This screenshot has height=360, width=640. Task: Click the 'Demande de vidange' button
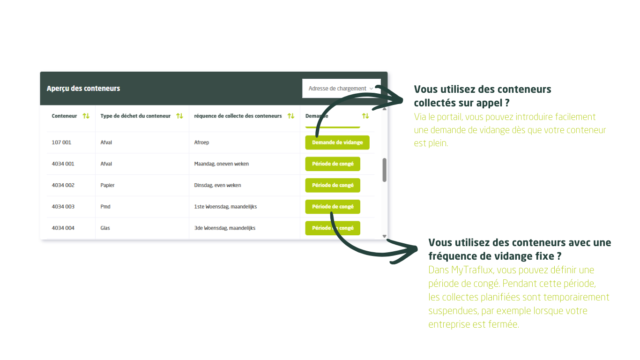click(x=337, y=142)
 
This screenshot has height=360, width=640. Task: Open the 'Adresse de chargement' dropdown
click(x=341, y=89)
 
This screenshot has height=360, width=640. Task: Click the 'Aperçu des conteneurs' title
click(x=83, y=89)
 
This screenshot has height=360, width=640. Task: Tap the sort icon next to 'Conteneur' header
click(x=86, y=116)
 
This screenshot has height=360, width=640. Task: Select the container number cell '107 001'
click(x=61, y=142)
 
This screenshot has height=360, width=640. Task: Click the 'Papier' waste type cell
click(x=107, y=185)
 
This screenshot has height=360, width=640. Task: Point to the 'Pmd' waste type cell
click(x=105, y=207)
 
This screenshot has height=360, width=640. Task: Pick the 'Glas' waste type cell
click(x=105, y=228)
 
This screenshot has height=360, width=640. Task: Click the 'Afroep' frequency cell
click(x=201, y=142)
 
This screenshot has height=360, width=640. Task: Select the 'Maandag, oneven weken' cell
click(x=222, y=164)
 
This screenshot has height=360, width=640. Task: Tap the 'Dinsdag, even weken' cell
click(x=217, y=185)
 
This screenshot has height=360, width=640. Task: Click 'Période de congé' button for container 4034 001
click(x=333, y=164)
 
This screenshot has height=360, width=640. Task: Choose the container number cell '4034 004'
click(x=63, y=228)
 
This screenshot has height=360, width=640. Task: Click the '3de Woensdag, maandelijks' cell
click(x=224, y=228)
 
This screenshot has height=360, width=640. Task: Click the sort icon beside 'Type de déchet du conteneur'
click(x=179, y=116)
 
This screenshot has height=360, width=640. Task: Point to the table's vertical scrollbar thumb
click(x=384, y=170)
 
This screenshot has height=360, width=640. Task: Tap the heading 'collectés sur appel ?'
click(x=461, y=103)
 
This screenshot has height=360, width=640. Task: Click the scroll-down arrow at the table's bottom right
click(x=385, y=237)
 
